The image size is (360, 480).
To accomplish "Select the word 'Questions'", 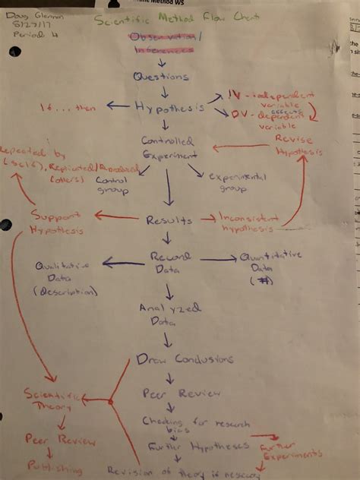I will (x=161, y=77).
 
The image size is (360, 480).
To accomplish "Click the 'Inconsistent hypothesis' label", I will (x=248, y=220).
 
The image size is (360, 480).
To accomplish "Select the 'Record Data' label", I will (x=170, y=263).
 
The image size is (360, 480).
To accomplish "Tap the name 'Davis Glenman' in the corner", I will (x=27, y=17).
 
